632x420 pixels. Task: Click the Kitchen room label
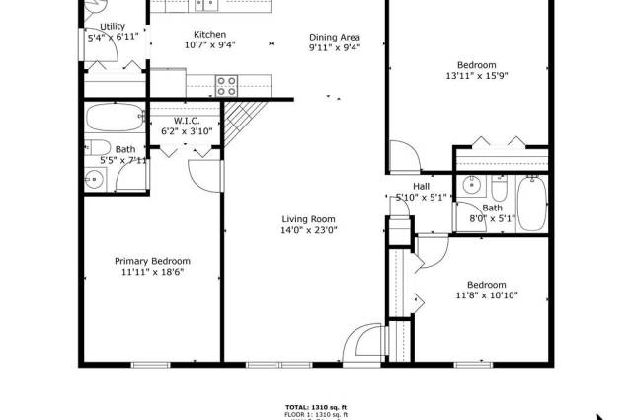(x=209, y=35)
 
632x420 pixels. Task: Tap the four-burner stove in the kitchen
(x=226, y=83)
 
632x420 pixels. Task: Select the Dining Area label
(x=334, y=35)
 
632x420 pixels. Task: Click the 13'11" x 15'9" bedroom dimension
(x=477, y=76)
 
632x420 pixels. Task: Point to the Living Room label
(x=309, y=219)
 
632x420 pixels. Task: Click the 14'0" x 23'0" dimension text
(x=309, y=231)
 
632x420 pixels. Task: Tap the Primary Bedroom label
(x=152, y=261)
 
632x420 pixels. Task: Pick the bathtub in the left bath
(x=115, y=118)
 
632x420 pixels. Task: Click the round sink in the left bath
(x=95, y=179)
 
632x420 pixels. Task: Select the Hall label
(x=421, y=186)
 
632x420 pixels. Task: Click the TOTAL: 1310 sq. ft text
(x=316, y=407)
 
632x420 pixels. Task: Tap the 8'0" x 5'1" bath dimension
(x=492, y=219)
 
